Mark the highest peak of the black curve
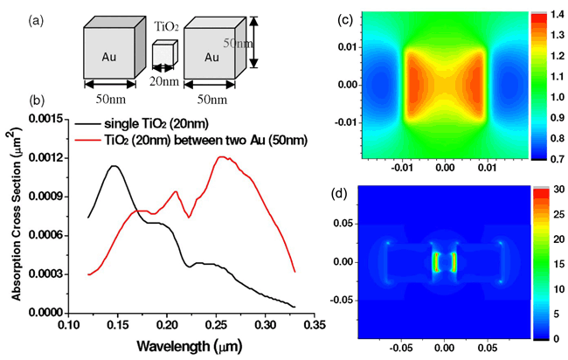click(113, 166)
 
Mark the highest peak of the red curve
click(223, 157)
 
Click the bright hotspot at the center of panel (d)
click(445, 262)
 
